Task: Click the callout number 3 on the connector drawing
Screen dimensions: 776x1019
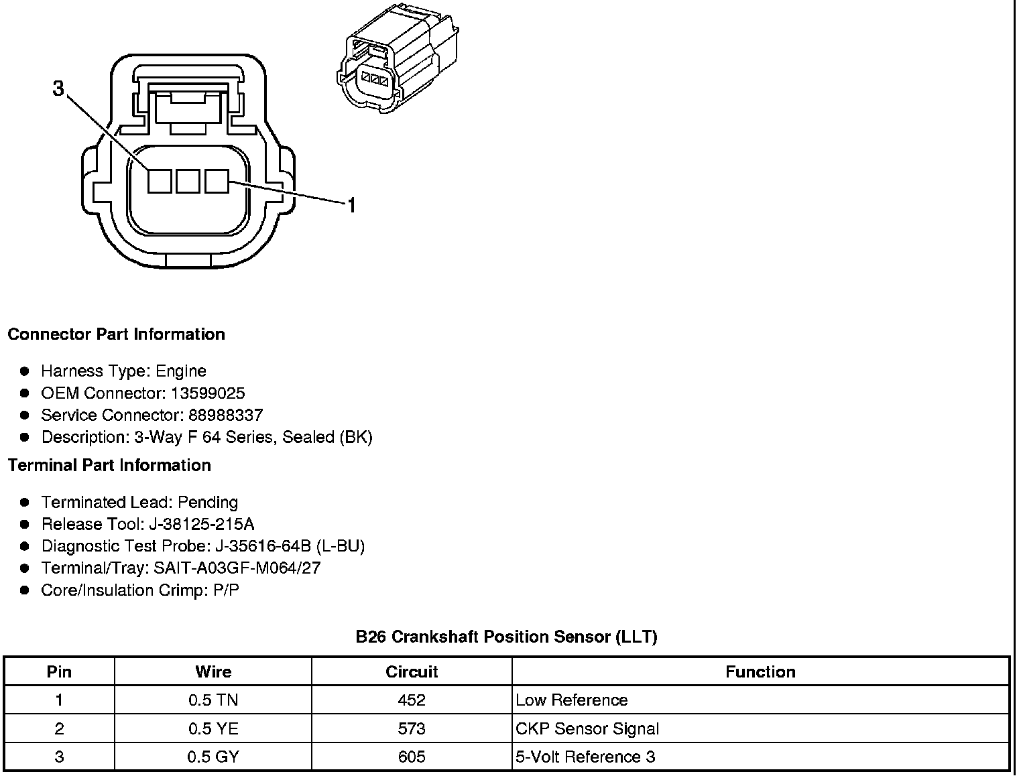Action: point(59,88)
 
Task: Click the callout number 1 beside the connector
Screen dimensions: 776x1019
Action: point(351,205)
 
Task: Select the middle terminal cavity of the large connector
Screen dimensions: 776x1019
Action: point(188,181)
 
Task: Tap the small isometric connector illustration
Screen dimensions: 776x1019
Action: point(397,62)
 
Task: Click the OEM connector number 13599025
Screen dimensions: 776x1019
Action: point(208,393)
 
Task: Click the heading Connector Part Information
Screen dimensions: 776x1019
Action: point(116,334)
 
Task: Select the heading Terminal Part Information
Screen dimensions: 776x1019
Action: point(109,465)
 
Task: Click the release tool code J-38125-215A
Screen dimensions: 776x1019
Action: point(204,524)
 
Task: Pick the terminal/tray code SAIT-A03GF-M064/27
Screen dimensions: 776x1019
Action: point(237,568)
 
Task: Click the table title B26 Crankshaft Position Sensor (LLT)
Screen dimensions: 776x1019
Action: point(506,637)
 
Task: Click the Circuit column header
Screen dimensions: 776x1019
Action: point(412,671)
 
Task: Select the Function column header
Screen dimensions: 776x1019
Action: point(760,671)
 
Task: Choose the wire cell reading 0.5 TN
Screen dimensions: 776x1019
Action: point(213,700)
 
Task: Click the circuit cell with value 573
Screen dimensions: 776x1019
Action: point(412,728)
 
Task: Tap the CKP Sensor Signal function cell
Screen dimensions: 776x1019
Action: point(587,728)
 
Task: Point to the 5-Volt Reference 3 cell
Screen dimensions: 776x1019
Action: point(585,757)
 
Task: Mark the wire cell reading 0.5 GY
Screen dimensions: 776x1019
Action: point(213,757)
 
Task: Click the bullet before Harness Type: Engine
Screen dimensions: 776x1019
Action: point(25,371)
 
